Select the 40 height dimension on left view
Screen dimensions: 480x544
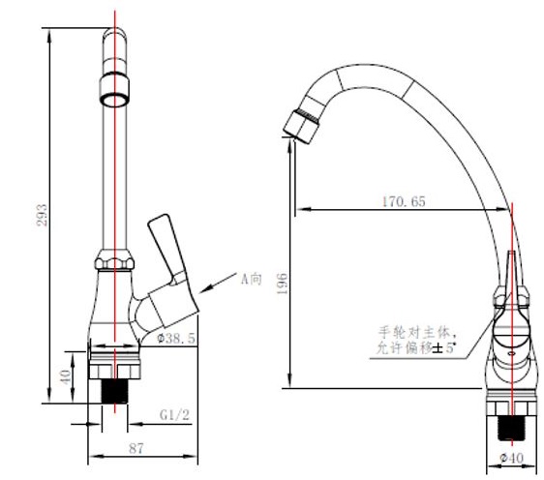pos(65,375)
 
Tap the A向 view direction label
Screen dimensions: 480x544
pos(252,280)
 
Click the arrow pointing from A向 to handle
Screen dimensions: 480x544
pos(219,286)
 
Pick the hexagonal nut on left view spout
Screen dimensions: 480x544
pos(115,262)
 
